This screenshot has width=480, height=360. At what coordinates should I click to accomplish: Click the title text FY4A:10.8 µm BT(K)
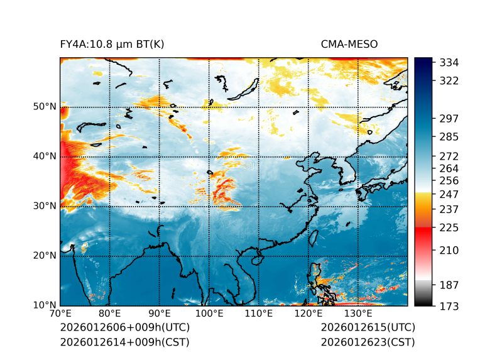click(x=112, y=44)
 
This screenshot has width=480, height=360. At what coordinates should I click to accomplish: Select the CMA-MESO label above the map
click(x=349, y=44)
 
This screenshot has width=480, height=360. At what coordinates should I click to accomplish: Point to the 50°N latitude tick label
click(x=44, y=107)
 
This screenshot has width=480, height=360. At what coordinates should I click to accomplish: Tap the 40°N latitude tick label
click(x=44, y=156)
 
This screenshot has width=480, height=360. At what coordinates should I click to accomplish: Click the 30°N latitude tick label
click(x=44, y=206)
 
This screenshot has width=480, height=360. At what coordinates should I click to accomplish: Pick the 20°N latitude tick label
click(x=44, y=256)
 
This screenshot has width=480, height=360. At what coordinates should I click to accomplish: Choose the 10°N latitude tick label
click(x=44, y=305)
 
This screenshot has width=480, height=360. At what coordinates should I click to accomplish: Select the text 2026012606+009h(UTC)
click(x=124, y=328)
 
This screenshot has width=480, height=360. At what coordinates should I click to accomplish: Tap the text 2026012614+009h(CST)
click(x=124, y=342)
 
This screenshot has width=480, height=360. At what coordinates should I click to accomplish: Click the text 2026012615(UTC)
click(x=368, y=328)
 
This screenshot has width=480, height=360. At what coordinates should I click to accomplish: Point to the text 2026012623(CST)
click(x=368, y=342)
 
